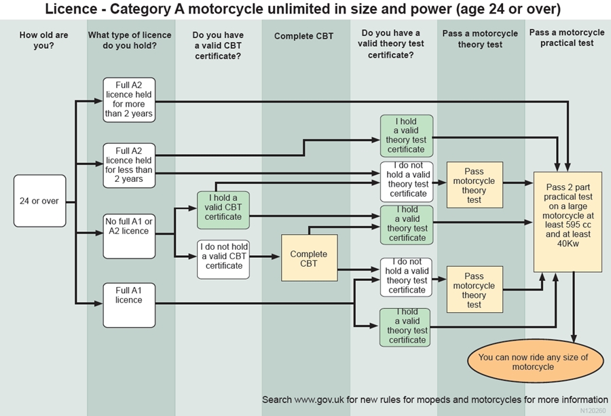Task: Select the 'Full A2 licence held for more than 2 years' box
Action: [x=128, y=100]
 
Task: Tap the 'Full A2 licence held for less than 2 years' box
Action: [x=128, y=165]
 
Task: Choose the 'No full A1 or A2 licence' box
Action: [x=128, y=235]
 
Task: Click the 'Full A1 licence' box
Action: [x=128, y=305]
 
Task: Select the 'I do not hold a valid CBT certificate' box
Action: [x=223, y=259]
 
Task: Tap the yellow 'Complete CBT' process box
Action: [x=308, y=258]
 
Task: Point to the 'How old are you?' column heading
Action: [x=43, y=40]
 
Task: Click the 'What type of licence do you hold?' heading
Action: [x=130, y=40]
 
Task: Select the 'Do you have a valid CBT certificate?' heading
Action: [x=217, y=45]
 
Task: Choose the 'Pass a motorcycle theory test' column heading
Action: [x=480, y=39]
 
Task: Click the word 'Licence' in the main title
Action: [x=70, y=10]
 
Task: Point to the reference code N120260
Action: [x=593, y=411]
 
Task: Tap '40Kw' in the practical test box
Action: [x=568, y=244]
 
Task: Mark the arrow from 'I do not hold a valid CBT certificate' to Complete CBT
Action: [x=265, y=257]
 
